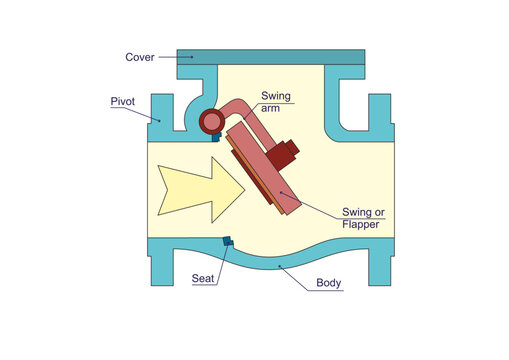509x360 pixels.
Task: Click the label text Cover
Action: click(140, 56)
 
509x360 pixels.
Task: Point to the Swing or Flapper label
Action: click(363, 218)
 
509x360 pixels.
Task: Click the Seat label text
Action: click(202, 277)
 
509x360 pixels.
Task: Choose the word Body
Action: click(329, 283)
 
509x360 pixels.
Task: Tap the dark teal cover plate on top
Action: click(270, 57)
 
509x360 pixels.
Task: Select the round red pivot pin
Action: click(212, 122)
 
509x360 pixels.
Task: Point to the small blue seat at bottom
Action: click(228, 241)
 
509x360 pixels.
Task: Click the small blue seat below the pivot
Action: click(217, 137)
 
